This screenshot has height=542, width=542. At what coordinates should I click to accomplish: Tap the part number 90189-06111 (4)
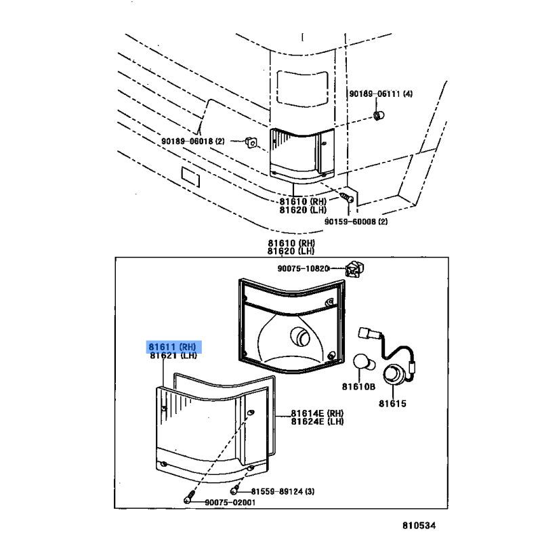point(380,94)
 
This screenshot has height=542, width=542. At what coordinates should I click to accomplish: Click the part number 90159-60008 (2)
point(356,221)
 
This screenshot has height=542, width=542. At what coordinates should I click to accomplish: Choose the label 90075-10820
point(303,268)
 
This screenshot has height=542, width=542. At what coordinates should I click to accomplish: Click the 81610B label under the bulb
point(358,387)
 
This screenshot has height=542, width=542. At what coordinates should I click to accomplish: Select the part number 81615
point(392,404)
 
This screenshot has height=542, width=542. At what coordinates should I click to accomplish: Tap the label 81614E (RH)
point(317,413)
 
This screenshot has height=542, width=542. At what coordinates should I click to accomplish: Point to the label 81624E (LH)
point(317,421)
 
